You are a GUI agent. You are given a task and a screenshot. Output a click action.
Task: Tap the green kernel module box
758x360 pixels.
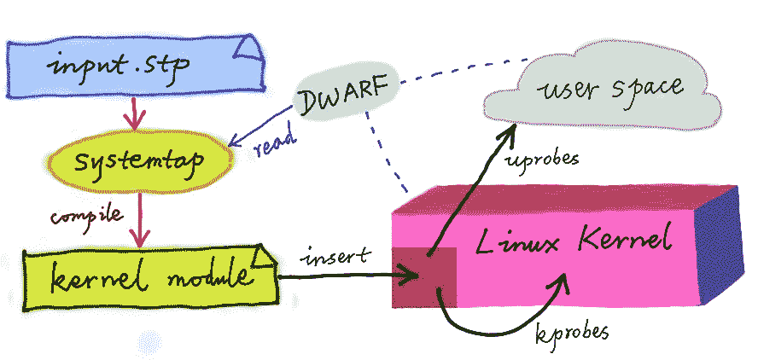145,276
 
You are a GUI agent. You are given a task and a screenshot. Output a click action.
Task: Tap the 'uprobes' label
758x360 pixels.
544,160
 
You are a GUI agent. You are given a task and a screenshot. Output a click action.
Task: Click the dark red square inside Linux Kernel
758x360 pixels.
423,276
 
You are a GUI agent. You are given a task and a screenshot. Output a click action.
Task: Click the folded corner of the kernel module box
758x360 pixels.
265,255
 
